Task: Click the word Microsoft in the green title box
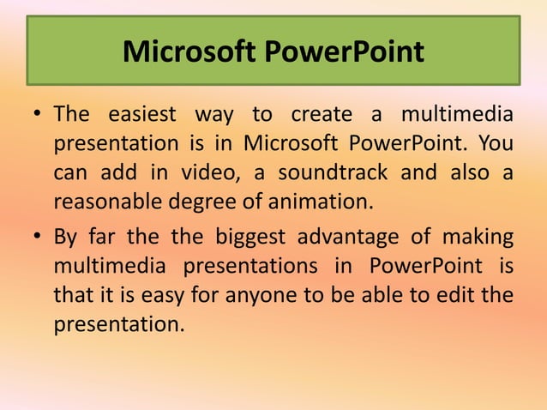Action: [x=189, y=52]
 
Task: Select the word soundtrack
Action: [x=329, y=172]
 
